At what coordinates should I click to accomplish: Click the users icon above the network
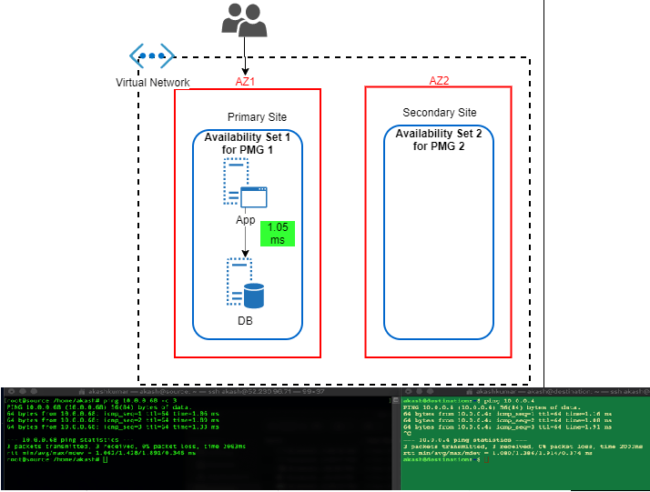click(244, 20)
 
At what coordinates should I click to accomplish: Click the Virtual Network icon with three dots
click(151, 56)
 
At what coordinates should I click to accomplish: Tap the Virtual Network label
click(153, 83)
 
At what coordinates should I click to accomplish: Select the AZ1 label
click(245, 81)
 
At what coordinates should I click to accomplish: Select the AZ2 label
click(439, 80)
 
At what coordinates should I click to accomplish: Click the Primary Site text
click(257, 117)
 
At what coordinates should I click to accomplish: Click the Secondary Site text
click(439, 113)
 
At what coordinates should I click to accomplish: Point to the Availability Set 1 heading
click(247, 143)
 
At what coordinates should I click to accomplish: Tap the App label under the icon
click(245, 220)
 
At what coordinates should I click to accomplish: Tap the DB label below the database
click(245, 321)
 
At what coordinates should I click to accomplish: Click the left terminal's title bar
click(200, 393)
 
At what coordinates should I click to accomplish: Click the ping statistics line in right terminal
click(455, 438)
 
